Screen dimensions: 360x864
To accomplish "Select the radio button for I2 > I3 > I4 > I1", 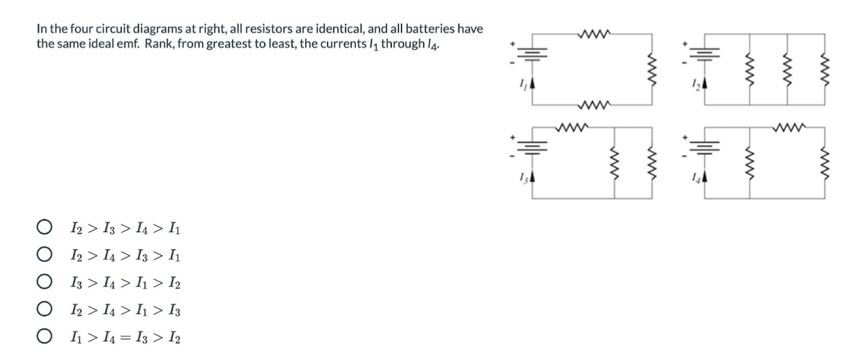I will click(44, 227).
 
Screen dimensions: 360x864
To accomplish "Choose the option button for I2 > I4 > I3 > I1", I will click(44, 255).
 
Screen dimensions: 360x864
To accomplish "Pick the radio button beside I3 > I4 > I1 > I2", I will click(44, 282).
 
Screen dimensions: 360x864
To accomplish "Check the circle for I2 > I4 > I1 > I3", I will click(44, 310).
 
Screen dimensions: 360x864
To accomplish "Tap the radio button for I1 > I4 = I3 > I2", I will click(44, 337).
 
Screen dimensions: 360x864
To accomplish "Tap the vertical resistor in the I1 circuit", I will click(651, 70).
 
